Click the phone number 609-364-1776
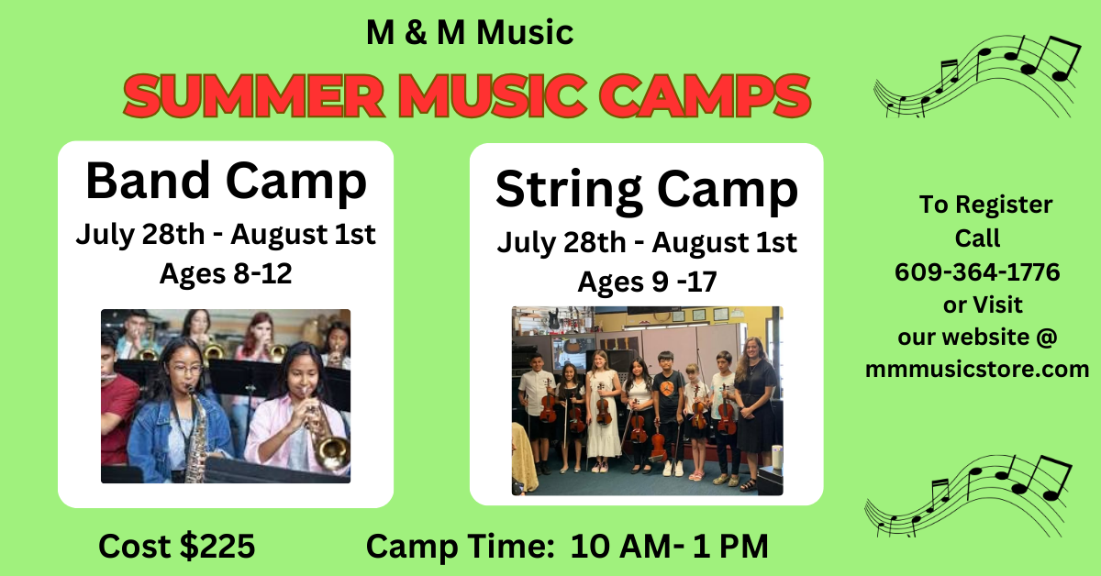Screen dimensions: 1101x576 click(977, 271)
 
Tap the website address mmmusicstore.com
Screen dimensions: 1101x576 click(977, 369)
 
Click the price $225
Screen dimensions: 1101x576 click(217, 546)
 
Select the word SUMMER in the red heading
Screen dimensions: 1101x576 click(253, 95)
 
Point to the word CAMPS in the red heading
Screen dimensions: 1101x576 click(705, 95)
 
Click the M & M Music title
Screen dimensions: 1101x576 click(470, 32)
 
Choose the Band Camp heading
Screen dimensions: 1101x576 click(226, 181)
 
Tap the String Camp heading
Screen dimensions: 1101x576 click(646, 190)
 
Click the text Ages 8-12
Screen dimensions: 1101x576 click(226, 273)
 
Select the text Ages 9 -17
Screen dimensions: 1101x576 click(647, 282)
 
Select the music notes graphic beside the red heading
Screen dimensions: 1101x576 click(977, 76)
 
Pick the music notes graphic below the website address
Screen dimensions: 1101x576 click(968, 496)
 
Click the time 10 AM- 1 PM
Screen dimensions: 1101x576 click(670, 546)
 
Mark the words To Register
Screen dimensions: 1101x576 click(986, 205)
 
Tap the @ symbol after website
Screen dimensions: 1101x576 click(1047, 338)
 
